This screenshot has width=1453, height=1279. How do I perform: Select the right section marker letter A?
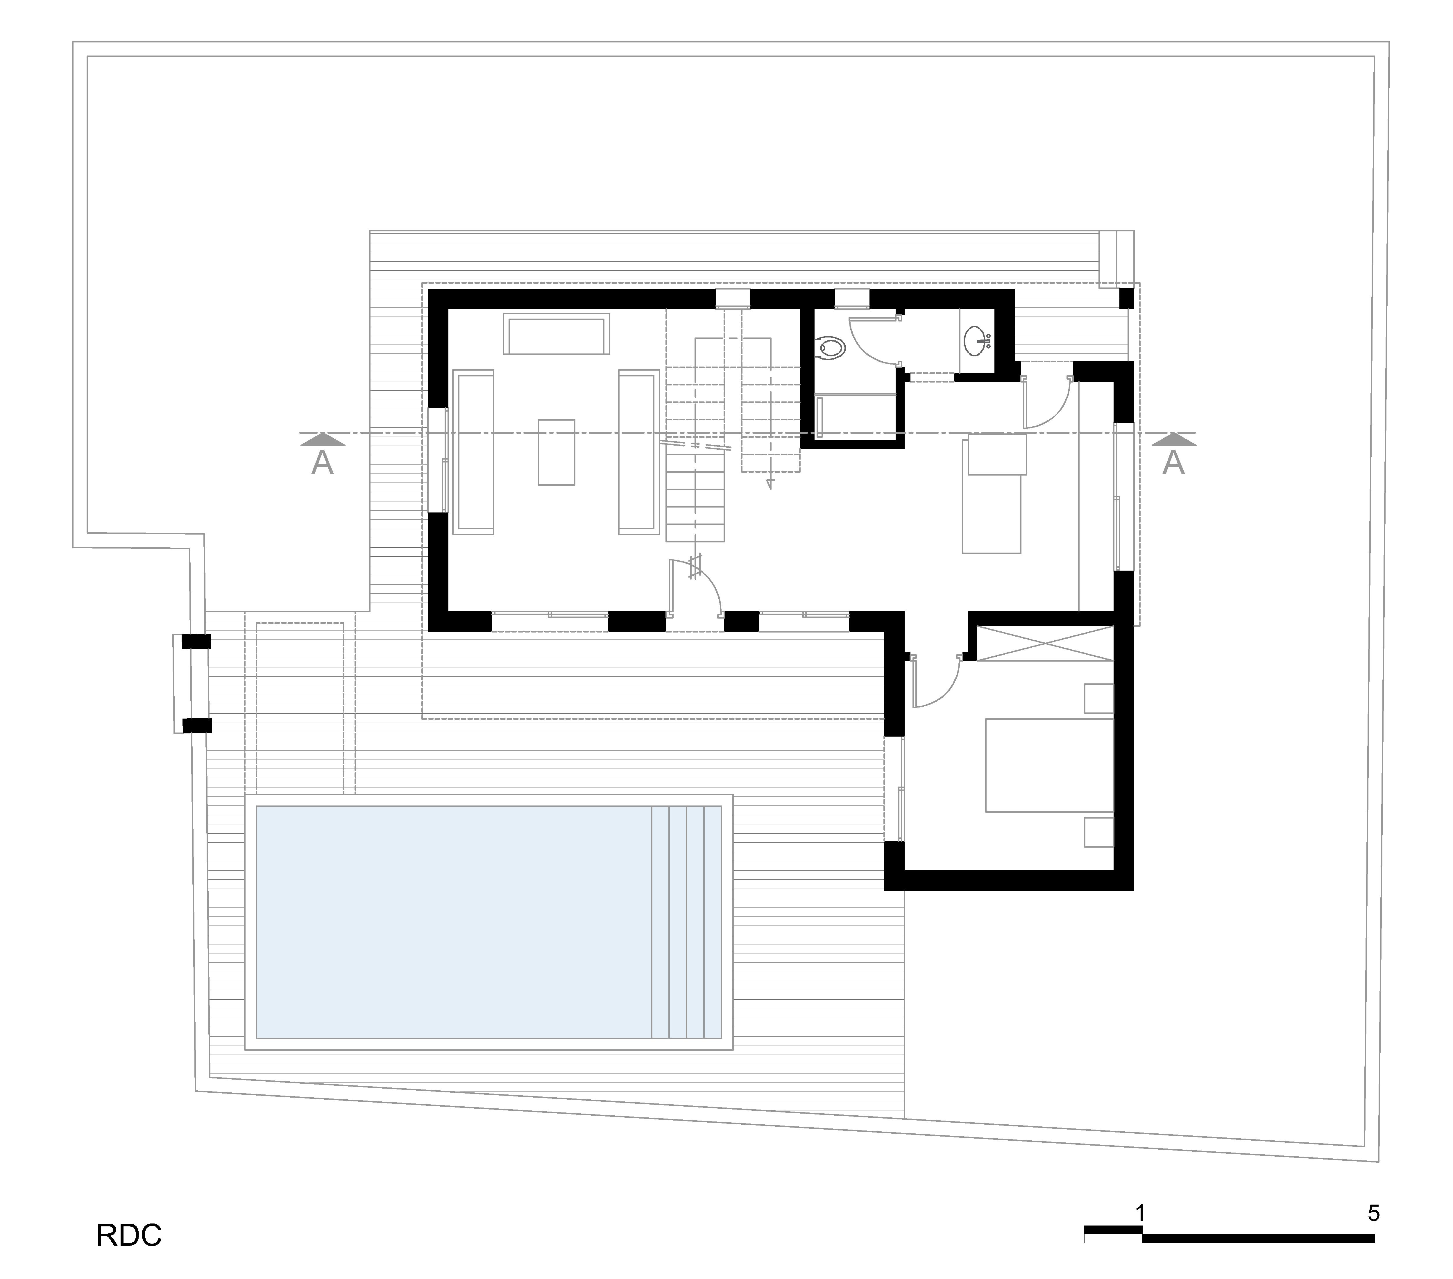click(x=1173, y=464)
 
